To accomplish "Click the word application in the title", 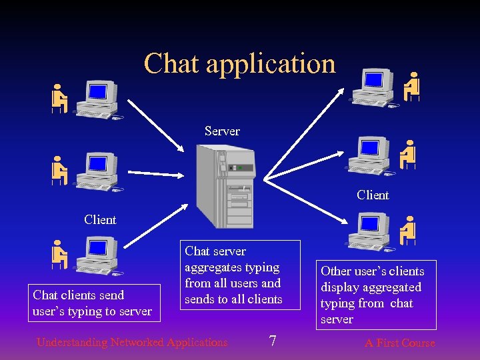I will point(271,65).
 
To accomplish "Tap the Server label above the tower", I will point(222,131).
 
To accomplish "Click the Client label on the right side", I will point(373,195).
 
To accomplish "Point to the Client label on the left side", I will point(100,219).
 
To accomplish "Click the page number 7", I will point(272,342).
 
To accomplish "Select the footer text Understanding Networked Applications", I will point(132,343).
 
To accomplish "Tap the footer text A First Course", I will point(399,343).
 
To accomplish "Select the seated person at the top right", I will point(413,86).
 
